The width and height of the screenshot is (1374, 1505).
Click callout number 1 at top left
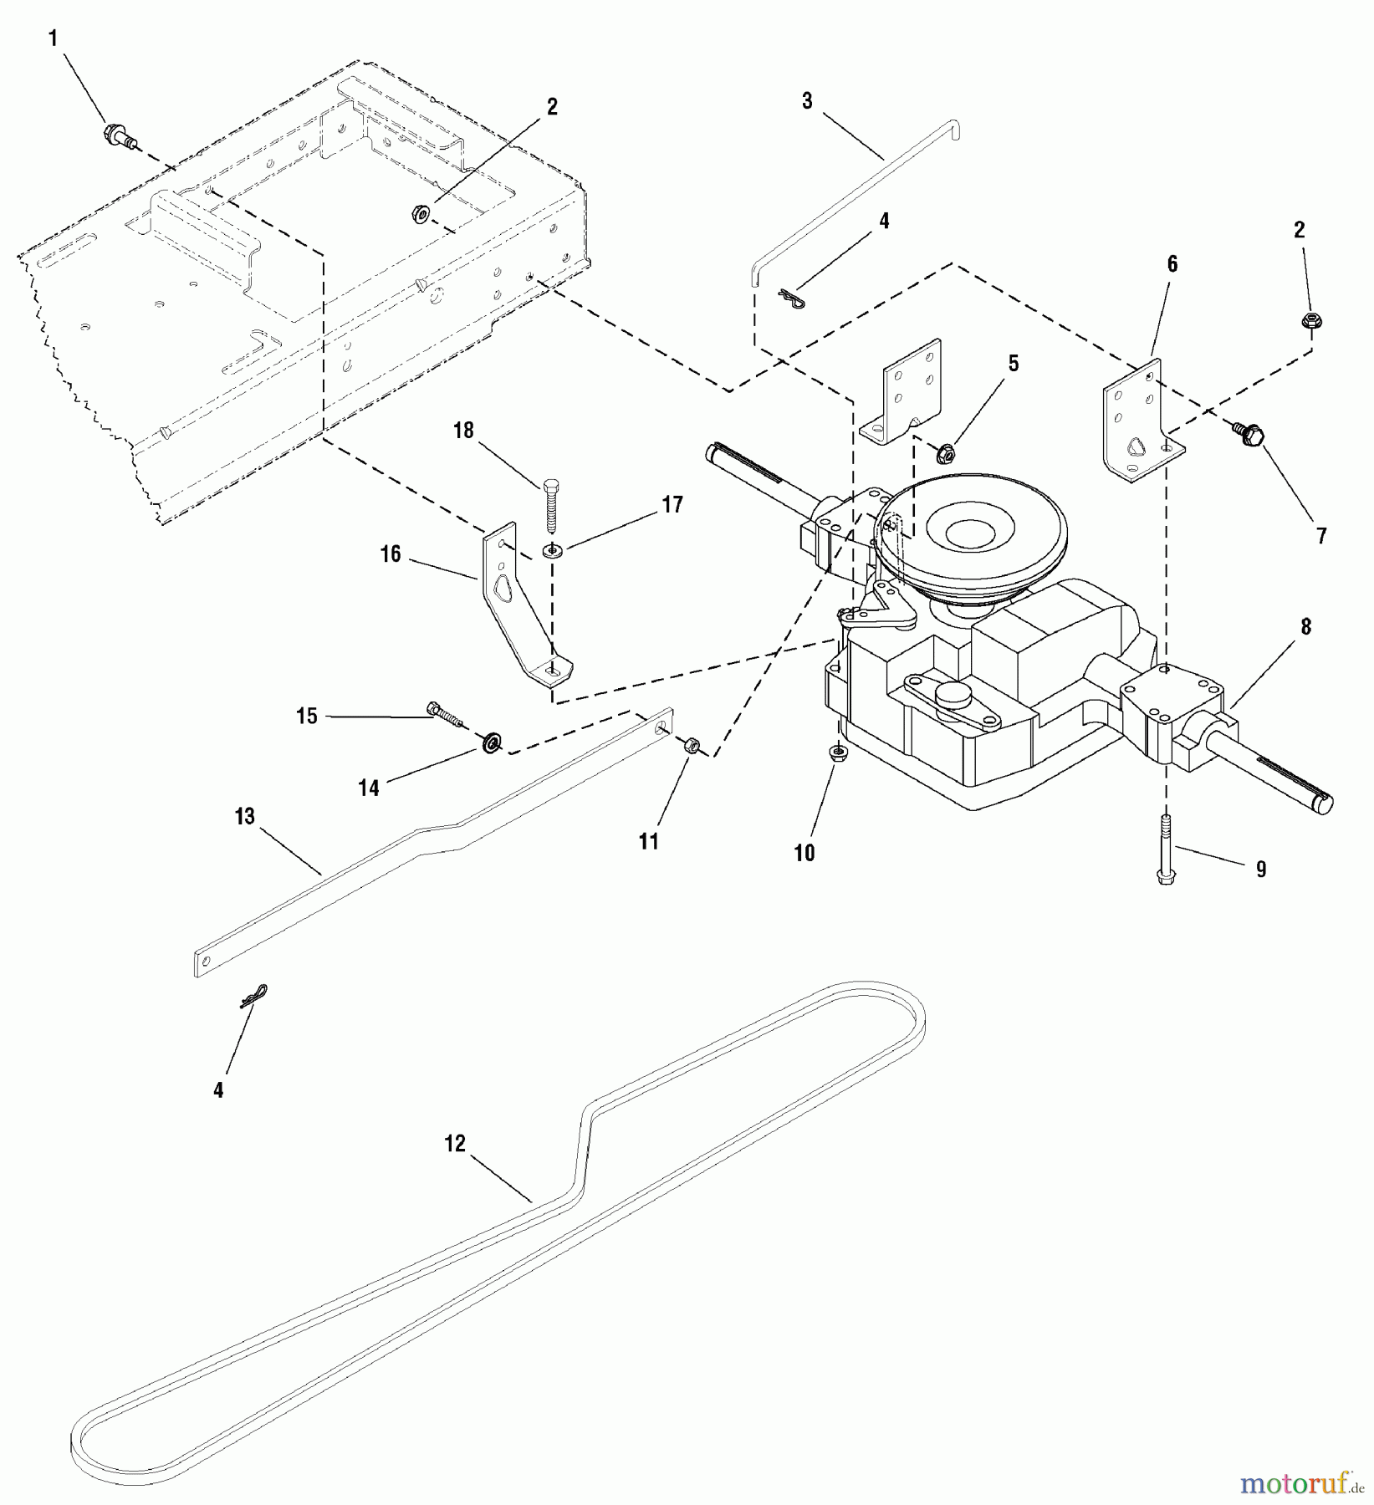click(54, 38)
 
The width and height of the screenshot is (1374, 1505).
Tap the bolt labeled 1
click(118, 135)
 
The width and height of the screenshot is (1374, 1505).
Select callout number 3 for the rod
click(806, 101)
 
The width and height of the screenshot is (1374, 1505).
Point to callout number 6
click(1172, 264)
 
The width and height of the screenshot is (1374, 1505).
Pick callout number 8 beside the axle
click(1305, 626)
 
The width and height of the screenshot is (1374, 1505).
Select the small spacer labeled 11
click(692, 746)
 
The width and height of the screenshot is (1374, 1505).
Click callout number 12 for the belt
click(454, 1143)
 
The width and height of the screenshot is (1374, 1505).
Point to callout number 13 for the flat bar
click(244, 816)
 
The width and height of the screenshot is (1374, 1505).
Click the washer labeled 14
click(493, 741)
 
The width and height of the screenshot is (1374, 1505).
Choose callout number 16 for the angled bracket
click(391, 554)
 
